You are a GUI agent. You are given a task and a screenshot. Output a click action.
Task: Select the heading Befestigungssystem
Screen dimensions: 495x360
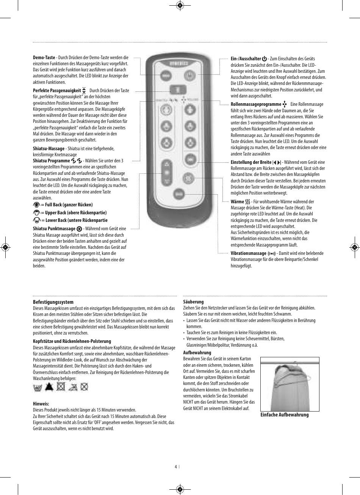[53, 302]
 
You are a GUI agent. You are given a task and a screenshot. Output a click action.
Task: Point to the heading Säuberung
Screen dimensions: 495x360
[193, 302]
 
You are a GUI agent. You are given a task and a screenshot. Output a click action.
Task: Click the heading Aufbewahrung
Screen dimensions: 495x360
[197, 353]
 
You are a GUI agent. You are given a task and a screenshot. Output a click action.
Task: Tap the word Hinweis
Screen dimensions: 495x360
[41, 404]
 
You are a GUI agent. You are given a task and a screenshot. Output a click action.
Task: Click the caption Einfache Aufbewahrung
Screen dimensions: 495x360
[285, 415]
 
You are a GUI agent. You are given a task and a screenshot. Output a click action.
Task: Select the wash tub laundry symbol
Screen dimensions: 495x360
[38, 387]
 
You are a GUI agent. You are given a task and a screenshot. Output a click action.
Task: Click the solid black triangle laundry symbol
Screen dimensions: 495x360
[49, 387]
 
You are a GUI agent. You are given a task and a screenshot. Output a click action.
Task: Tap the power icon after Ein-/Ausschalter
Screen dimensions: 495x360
[264, 59]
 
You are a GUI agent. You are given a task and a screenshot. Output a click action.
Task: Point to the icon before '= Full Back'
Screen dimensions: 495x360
[36, 205]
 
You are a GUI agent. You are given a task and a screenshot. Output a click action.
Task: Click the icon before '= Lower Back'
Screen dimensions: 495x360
[36, 220]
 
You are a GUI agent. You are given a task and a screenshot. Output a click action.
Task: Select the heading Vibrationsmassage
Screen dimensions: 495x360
[249, 253]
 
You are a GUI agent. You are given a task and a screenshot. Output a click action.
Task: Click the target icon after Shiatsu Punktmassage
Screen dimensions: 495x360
[79, 229]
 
